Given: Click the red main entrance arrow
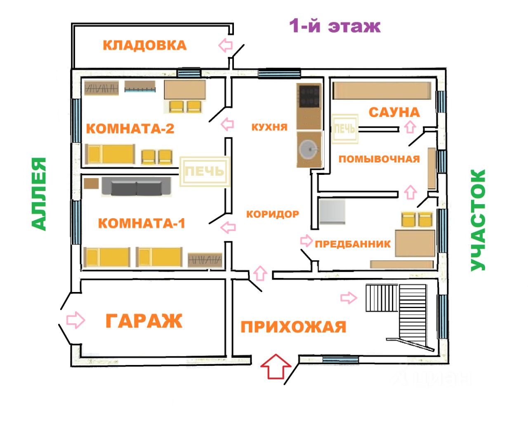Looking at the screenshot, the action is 276,367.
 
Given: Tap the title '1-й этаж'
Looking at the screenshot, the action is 335,26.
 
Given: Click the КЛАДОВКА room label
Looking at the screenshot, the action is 145,45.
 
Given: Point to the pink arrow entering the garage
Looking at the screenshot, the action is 75,320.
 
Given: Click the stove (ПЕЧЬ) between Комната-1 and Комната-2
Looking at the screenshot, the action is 205,172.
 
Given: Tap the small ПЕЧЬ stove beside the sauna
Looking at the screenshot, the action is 345,129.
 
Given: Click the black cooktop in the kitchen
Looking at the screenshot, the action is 309,96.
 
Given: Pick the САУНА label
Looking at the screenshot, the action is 394,113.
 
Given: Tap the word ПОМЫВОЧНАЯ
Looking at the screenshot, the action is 379,159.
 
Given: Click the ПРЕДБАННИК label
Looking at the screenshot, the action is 353,244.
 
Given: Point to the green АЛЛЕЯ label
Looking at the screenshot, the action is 39,194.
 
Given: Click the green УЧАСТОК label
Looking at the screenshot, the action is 478,220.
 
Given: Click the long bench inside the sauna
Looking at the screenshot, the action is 382,91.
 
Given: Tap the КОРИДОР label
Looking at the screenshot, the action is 273,214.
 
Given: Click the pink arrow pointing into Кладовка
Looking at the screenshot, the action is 226,45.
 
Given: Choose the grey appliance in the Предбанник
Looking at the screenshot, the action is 332,212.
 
